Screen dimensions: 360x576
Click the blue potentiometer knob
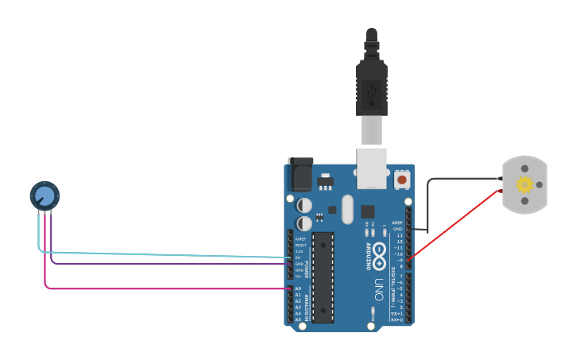(x=44, y=195)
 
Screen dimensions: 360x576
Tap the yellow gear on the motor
(x=524, y=185)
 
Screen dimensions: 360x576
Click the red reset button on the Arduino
(x=402, y=180)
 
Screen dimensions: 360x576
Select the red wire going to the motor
(x=457, y=224)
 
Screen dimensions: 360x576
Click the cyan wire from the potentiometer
(x=159, y=254)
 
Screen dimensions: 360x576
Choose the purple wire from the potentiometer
(x=159, y=262)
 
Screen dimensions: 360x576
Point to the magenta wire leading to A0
(x=159, y=288)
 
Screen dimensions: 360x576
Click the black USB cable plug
(x=371, y=79)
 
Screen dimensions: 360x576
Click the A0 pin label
(x=298, y=288)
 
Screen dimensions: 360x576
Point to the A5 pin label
(x=298, y=319)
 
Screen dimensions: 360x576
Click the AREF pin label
(x=397, y=223)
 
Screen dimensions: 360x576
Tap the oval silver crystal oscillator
(x=346, y=209)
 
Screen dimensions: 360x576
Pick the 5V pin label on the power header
(x=299, y=257)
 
